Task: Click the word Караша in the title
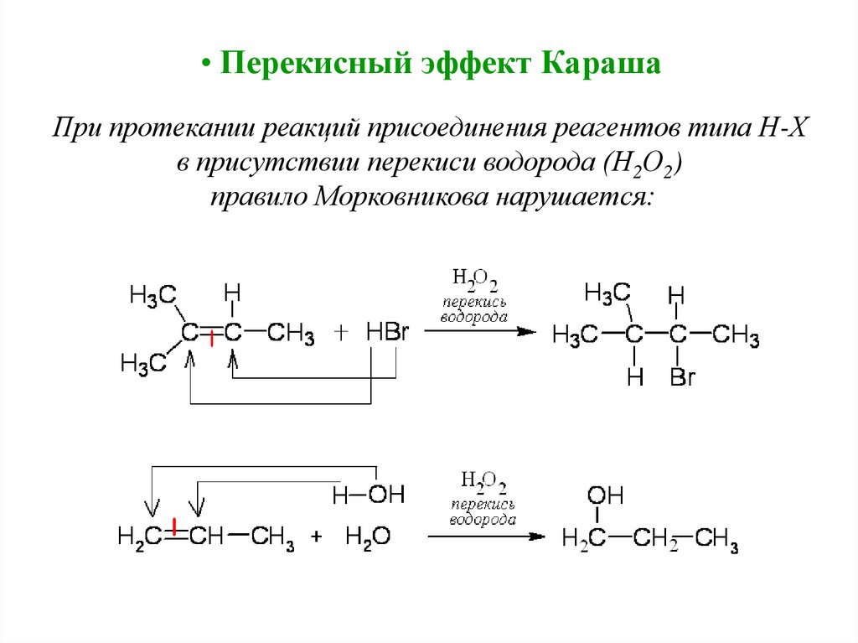(x=603, y=64)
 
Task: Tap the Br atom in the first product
(x=683, y=379)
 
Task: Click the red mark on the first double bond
(x=211, y=338)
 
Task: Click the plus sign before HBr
(x=341, y=333)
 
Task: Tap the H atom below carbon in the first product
(x=635, y=379)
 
